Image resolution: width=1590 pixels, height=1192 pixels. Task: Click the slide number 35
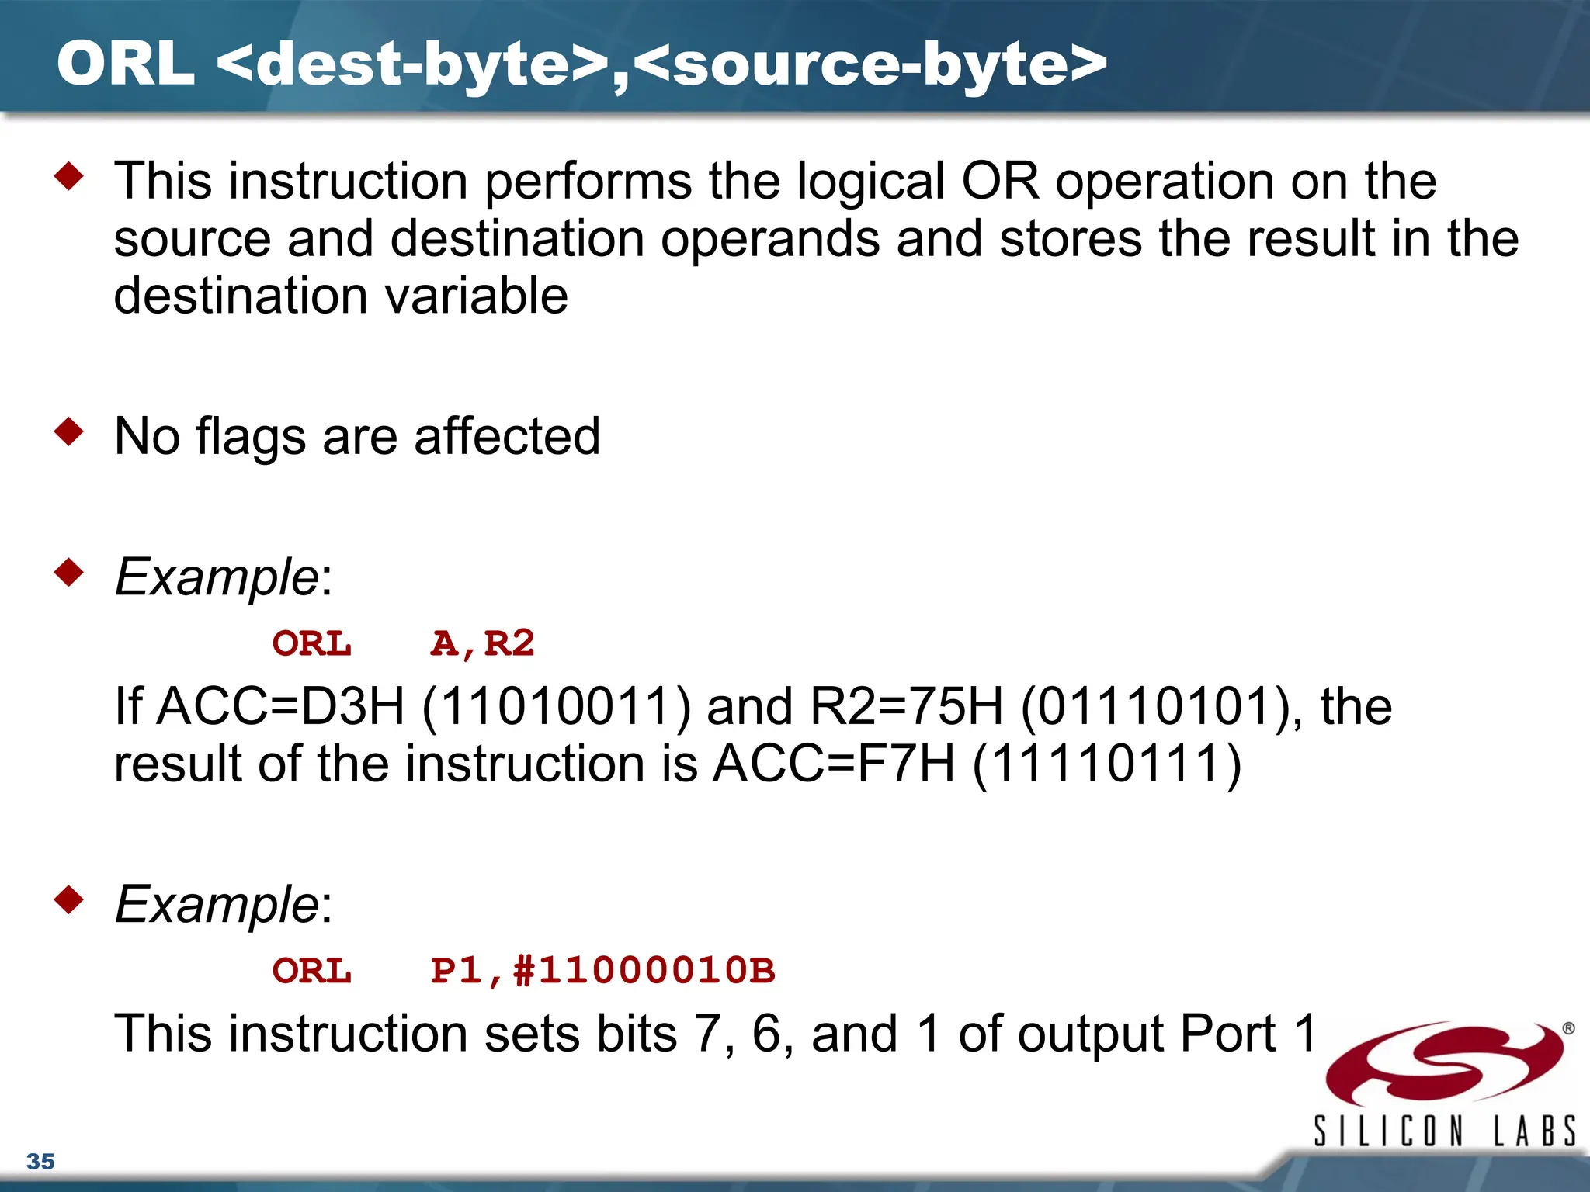click(x=40, y=1161)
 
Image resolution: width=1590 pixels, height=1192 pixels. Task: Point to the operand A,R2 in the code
click(x=482, y=644)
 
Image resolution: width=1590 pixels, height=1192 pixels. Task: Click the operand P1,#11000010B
click(x=602, y=971)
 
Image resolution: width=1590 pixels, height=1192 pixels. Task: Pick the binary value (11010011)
click(x=556, y=706)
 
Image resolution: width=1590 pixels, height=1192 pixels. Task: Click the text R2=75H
click(x=907, y=706)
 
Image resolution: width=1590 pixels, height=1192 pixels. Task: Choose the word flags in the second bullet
click(x=251, y=438)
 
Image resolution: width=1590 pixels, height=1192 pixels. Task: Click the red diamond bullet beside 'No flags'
click(x=69, y=431)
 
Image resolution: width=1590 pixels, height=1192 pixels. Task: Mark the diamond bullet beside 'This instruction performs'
click(x=69, y=176)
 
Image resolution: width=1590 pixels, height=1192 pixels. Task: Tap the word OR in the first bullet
click(x=1000, y=182)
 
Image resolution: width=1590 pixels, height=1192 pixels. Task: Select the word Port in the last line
click(x=1227, y=1034)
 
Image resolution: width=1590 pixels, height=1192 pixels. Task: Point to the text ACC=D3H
click(x=280, y=706)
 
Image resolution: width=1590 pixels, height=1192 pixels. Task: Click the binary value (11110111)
click(x=1106, y=764)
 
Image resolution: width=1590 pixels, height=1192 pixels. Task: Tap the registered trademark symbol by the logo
click(x=1568, y=1029)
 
